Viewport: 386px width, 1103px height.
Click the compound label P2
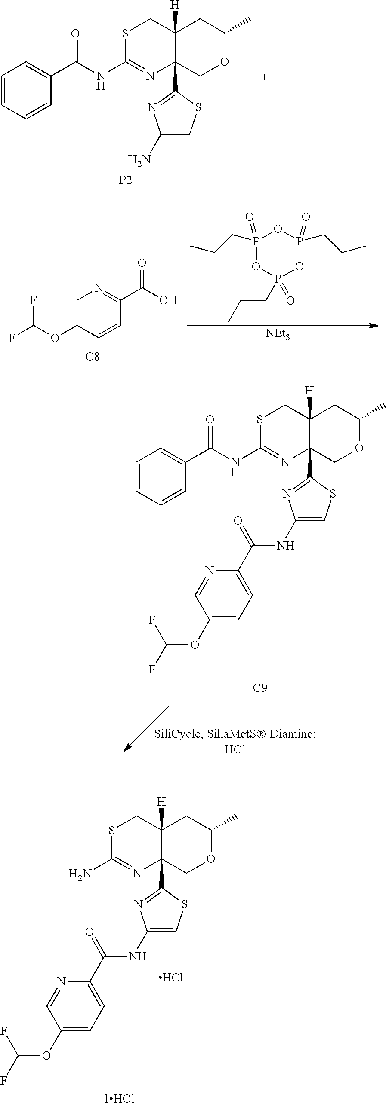tap(125, 180)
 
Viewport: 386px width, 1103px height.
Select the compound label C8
tap(92, 357)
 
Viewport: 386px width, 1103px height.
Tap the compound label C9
tap(260, 688)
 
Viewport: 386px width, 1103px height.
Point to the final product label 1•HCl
tap(119, 1096)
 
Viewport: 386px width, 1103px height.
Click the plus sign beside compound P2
tap(264, 77)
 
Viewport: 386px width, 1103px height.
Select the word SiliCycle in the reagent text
tap(178, 734)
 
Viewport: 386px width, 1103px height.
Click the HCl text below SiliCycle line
tap(235, 749)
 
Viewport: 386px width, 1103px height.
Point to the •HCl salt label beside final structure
tap(171, 978)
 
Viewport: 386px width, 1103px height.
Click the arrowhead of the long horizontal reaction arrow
tap(374, 326)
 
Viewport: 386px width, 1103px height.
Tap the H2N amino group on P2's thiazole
tap(140, 160)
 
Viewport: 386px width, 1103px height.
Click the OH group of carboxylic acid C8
tap(168, 300)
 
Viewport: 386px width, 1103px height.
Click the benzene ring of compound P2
tap(27, 90)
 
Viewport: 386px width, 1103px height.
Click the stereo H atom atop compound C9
tap(309, 391)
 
